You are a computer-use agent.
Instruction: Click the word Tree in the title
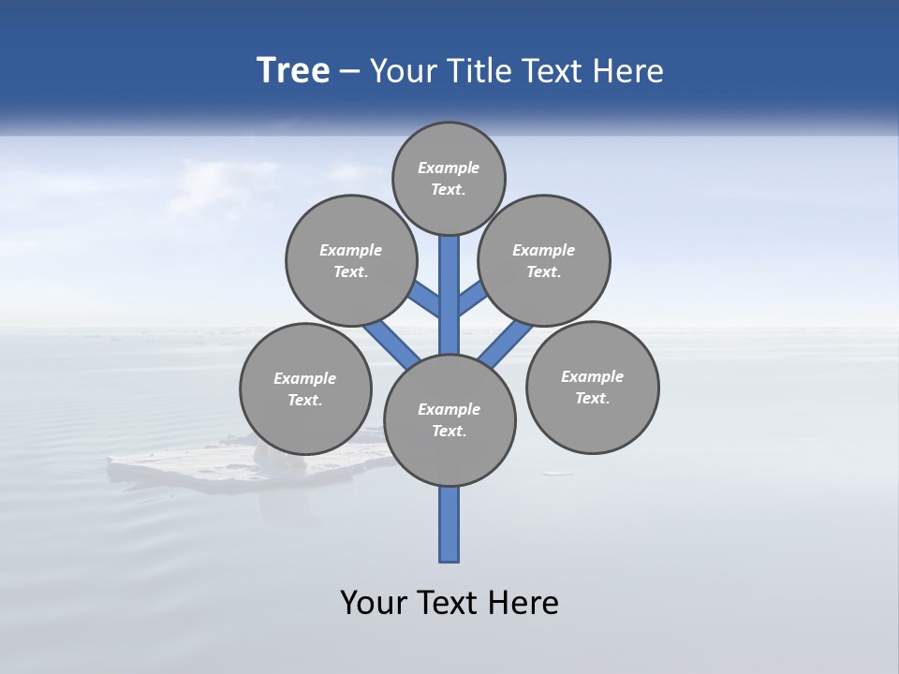(x=293, y=71)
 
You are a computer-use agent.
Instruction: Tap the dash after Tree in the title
(x=350, y=72)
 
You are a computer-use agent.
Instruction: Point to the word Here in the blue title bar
(x=628, y=71)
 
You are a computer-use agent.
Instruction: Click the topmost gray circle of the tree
(x=449, y=178)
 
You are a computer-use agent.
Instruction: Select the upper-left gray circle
(x=351, y=260)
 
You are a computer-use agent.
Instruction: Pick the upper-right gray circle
(x=544, y=260)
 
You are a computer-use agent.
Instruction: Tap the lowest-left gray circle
(x=305, y=388)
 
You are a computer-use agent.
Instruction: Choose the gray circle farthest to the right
(x=592, y=388)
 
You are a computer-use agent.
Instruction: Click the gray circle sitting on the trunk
(x=449, y=420)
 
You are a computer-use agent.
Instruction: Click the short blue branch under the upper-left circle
(x=426, y=299)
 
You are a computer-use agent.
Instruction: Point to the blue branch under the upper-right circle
(x=472, y=299)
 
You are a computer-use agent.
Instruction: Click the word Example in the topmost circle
(x=449, y=168)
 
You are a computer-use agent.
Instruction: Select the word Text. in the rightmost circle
(x=592, y=399)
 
